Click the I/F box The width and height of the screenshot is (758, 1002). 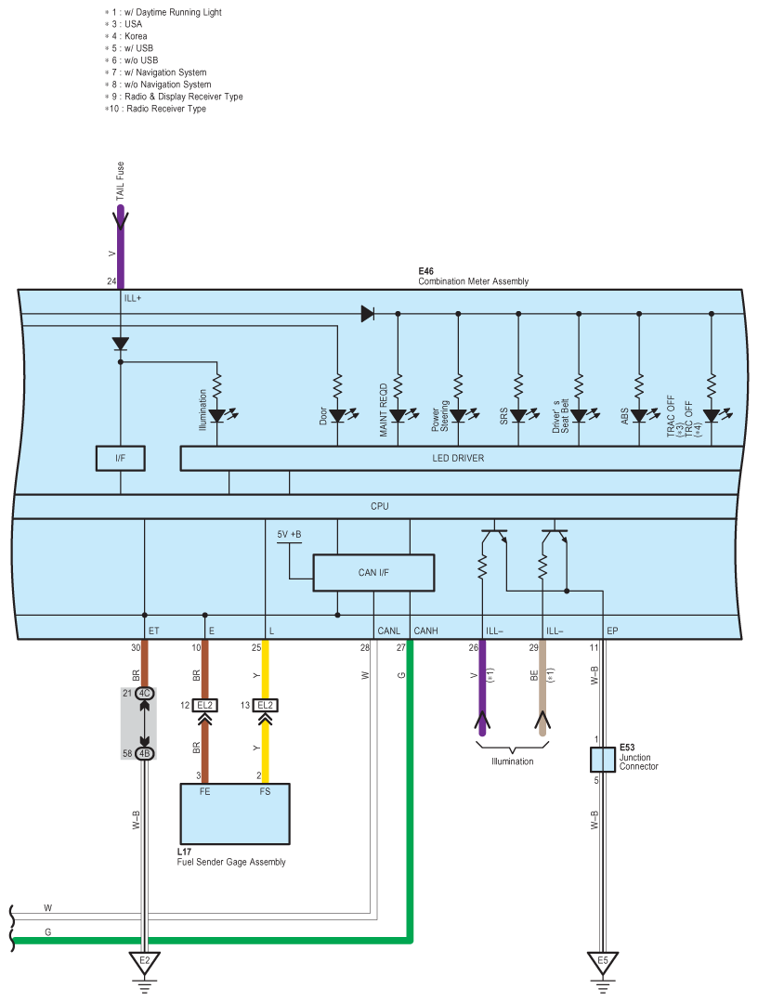(x=120, y=458)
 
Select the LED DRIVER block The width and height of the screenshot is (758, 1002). (x=458, y=458)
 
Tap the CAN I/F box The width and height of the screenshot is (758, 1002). (x=373, y=572)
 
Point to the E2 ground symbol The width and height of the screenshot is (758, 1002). (x=144, y=961)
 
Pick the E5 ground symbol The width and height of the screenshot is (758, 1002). (x=603, y=961)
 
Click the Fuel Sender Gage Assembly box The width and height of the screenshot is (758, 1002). (x=235, y=813)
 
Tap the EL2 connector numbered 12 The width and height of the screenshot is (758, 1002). (x=205, y=705)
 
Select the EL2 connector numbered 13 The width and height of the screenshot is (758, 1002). (x=266, y=705)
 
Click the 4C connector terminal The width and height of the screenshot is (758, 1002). (x=144, y=693)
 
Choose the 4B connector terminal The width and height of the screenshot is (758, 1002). (x=144, y=753)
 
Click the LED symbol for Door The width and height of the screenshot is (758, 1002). (x=337, y=416)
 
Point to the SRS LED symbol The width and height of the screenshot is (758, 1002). (x=518, y=416)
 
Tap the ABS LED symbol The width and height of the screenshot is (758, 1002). (x=639, y=416)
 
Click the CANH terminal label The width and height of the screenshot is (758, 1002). (x=425, y=631)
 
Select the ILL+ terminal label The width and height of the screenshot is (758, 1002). (x=132, y=298)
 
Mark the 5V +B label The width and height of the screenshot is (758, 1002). (x=289, y=535)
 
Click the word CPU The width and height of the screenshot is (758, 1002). (x=379, y=506)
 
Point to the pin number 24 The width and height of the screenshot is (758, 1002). (x=111, y=280)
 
